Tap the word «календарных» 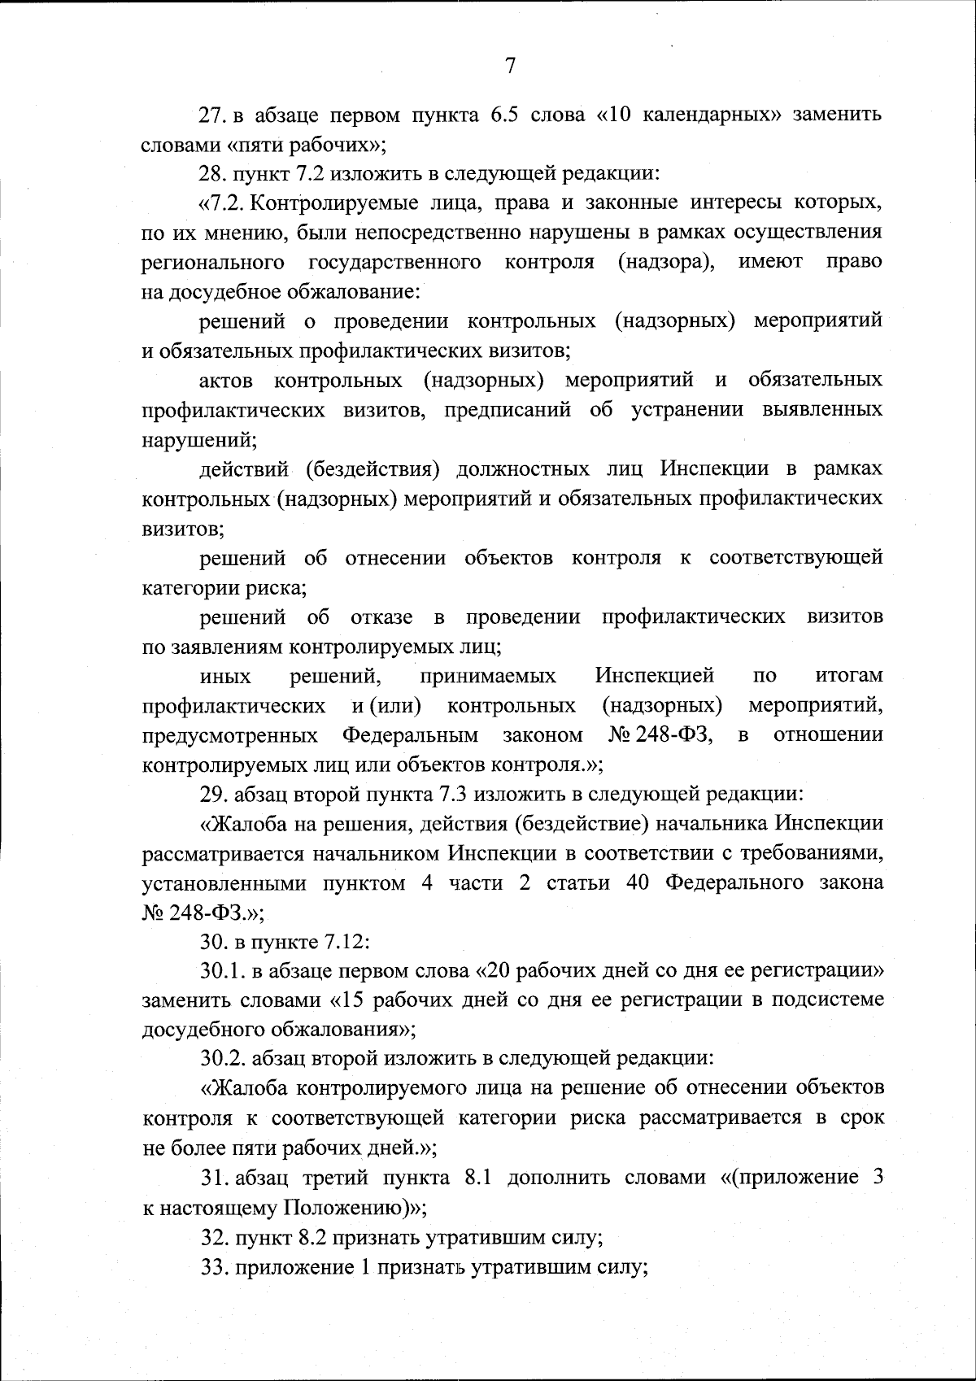[690, 115]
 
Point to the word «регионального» [213, 262]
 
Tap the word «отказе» [381, 616]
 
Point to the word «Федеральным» [410, 735]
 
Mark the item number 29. [213, 794]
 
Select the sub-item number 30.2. [222, 1060]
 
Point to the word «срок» [861, 1118]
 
